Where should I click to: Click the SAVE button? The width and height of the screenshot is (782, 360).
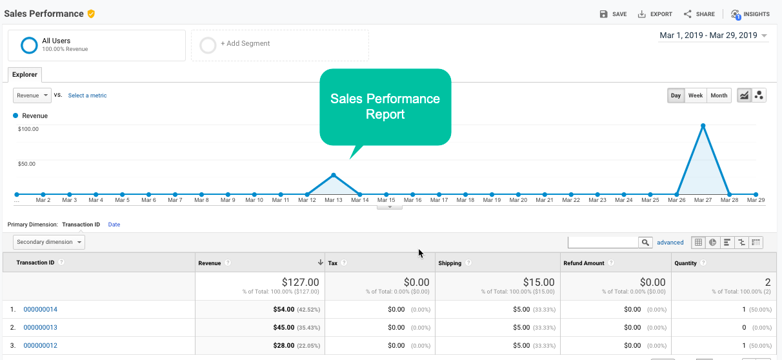613,14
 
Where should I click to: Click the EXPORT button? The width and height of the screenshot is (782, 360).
655,14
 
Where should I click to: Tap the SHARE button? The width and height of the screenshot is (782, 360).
699,14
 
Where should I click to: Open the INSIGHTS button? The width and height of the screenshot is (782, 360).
750,14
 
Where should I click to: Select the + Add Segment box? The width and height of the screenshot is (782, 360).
279,45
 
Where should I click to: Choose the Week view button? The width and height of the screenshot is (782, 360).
696,95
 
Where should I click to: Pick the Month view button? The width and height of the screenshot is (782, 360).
719,95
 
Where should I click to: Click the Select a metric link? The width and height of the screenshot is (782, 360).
87,95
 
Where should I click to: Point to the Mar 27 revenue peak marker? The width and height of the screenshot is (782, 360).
703,125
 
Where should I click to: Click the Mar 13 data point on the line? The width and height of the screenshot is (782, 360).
334,175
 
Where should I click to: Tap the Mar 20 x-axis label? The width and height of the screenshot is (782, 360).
519,200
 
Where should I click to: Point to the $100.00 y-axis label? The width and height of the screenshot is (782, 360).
28,129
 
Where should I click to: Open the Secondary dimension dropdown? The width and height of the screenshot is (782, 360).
49,242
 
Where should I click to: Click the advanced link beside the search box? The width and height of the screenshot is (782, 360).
670,243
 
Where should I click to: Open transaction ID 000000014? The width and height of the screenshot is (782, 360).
40,310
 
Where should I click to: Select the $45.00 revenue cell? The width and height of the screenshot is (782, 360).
281,328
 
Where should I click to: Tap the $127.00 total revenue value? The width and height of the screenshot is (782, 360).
300,282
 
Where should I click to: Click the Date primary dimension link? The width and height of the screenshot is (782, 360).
114,225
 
